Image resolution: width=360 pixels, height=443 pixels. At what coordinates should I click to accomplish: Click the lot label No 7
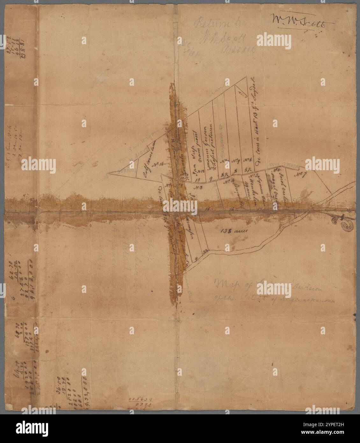[x=299, y=175]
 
